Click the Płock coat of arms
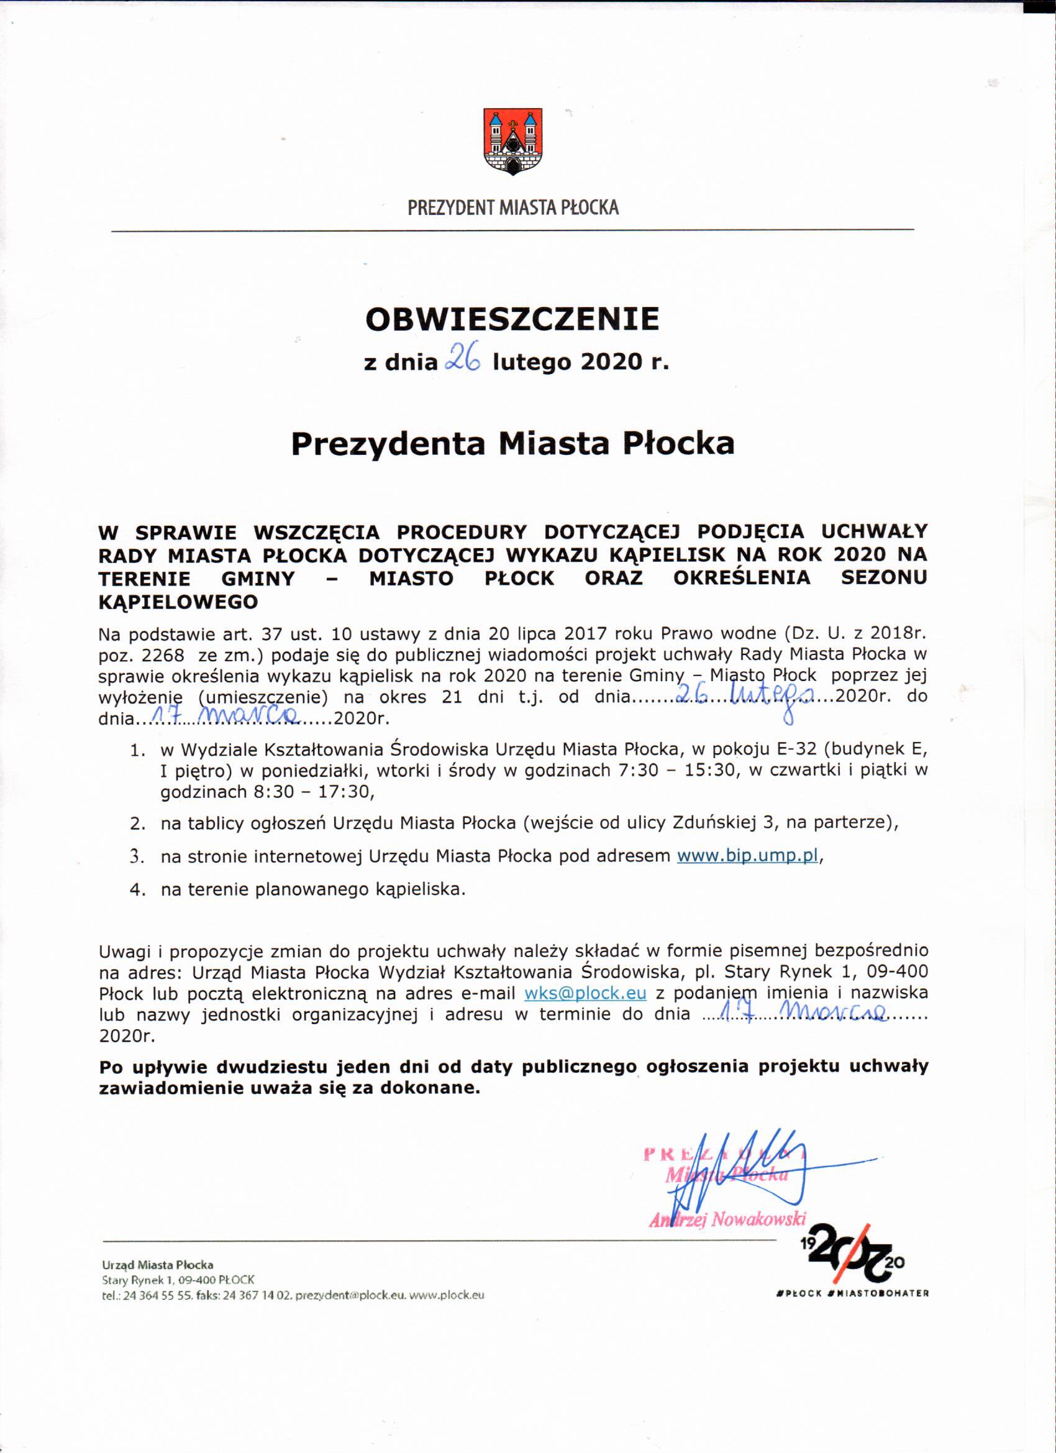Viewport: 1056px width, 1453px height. click(x=512, y=142)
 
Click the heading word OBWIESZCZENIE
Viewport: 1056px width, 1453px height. click(x=512, y=319)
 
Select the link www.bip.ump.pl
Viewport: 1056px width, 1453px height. click(x=747, y=856)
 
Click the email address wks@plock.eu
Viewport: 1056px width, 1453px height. click(x=585, y=993)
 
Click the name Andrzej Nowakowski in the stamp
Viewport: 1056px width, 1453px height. click(x=727, y=1219)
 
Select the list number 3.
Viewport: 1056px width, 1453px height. click(x=138, y=856)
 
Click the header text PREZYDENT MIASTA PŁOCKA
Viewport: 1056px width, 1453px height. click(x=513, y=208)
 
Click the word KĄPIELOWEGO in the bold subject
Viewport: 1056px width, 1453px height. click(x=178, y=602)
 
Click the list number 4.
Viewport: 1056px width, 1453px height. click(x=138, y=890)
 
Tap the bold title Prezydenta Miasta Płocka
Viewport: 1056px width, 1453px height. click(x=512, y=444)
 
